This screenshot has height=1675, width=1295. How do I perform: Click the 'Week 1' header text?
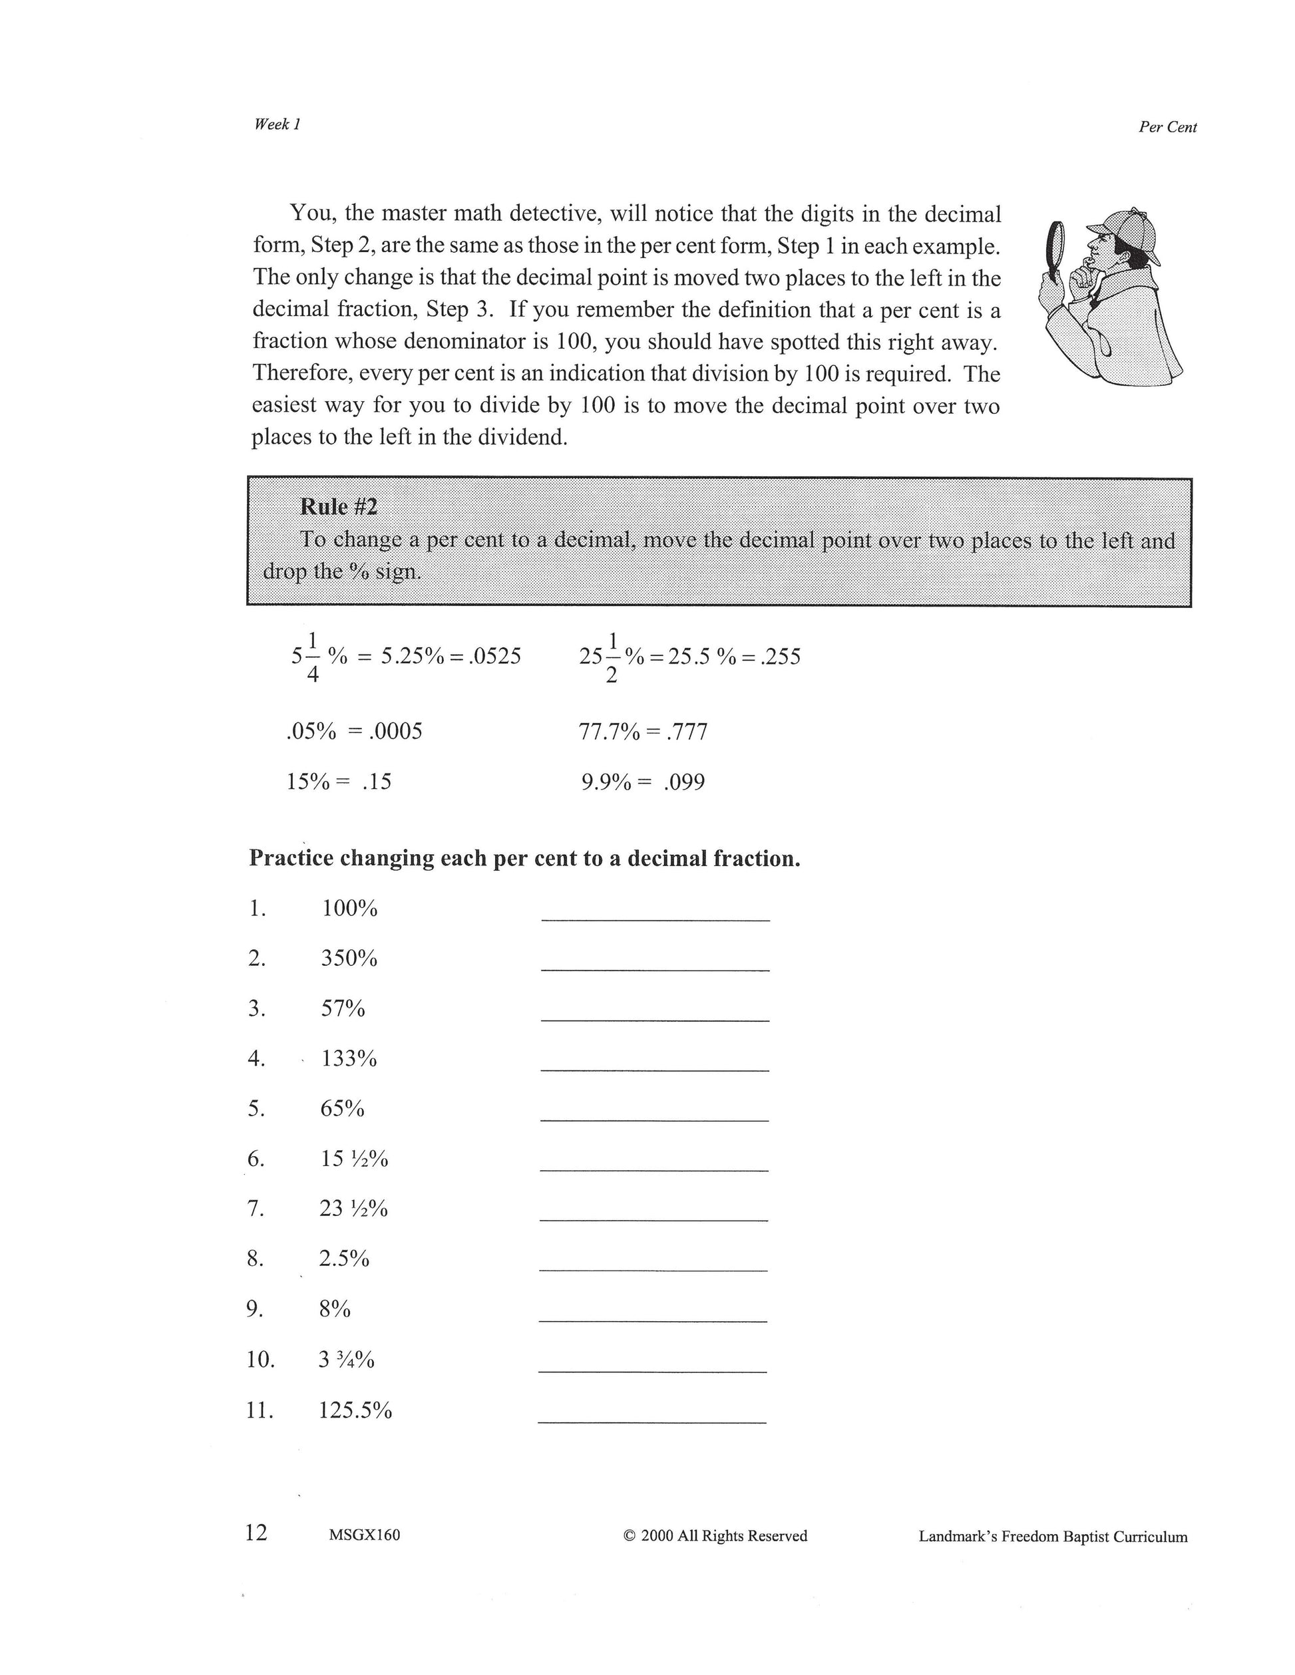pyautogui.click(x=277, y=124)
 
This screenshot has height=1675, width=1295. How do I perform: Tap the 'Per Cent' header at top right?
pyautogui.click(x=1167, y=127)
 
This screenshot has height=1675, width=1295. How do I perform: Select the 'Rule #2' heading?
pyautogui.click(x=338, y=507)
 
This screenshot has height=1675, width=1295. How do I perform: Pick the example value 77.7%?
pyautogui.click(x=609, y=732)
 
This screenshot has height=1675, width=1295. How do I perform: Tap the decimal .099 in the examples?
pyautogui.click(x=684, y=782)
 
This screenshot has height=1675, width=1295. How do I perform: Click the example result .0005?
pyautogui.click(x=395, y=731)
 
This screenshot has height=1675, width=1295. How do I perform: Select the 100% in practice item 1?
pyautogui.click(x=349, y=909)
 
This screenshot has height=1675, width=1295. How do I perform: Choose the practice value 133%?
pyautogui.click(x=349, y=1059)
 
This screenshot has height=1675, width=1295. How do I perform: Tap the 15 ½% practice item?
pyautogui.click(x=353, y=1159)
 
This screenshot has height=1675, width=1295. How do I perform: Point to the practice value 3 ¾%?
pyautogui.click(x=346, y=1360)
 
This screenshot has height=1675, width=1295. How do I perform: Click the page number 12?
pyautogui.click(x=256, y=1533)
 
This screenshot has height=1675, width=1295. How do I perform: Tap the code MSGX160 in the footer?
pyautogui.click(x=365, y=1535)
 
